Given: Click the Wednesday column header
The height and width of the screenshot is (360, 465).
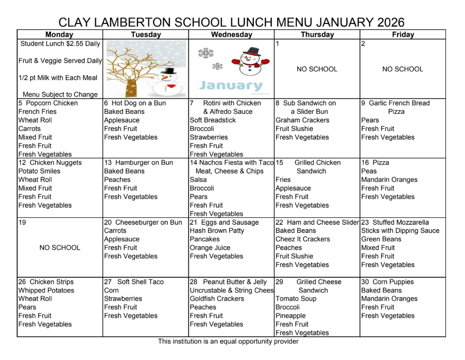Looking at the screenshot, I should (231, 35).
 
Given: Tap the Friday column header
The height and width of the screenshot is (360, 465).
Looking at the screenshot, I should (402, 35).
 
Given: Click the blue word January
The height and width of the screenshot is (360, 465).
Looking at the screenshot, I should (231, 85).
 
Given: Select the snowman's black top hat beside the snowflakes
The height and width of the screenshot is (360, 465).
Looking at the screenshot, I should (252, 51).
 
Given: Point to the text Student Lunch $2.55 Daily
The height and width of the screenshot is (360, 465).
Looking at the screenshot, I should (60, 43).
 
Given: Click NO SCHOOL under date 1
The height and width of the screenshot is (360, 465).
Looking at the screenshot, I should (317, 69).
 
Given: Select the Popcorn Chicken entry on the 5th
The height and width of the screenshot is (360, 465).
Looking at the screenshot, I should (51, 103).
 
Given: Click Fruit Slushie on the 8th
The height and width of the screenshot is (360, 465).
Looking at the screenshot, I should (294, 129).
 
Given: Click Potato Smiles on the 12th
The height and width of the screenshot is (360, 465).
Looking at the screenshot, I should (39, 171).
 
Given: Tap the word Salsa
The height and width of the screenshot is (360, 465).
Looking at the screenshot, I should (198, 180).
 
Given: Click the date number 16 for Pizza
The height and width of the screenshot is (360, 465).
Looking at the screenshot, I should (365, 163).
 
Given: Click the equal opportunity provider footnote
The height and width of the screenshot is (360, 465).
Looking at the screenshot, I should (228, 341).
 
